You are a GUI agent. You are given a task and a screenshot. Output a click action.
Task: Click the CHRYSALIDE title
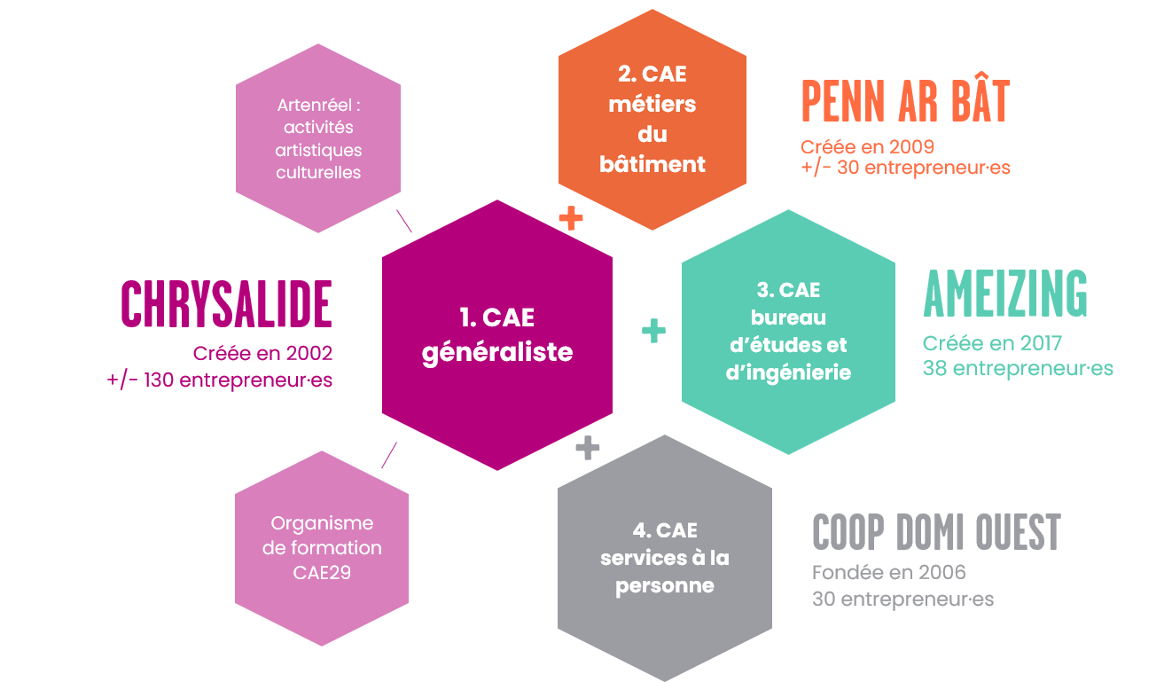(x=227, y=304)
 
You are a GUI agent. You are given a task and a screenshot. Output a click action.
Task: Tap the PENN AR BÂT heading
(x=905, y=101)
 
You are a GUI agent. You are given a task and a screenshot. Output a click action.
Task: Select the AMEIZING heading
(x=1005, y=294)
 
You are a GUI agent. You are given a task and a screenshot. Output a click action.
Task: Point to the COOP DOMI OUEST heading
(x=936, y=532)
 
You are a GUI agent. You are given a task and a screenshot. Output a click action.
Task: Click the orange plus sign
(x=571, y=218)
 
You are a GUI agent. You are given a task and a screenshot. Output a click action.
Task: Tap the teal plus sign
(x=653, y=331)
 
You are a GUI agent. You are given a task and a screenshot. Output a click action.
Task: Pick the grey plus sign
(x=587, y=448)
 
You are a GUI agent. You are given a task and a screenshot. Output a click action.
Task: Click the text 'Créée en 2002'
(x=262, y=353)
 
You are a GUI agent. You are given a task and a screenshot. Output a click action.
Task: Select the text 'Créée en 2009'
(x=868, y=146)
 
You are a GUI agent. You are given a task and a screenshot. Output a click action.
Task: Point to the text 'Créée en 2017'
(x=992, y=343)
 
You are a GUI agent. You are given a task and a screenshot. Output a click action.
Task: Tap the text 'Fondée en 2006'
(x=889, y=572)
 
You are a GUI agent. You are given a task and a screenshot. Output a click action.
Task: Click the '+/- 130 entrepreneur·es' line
(x=220, y=380)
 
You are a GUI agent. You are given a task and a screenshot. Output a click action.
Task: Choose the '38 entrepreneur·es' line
(x=1018, y=368)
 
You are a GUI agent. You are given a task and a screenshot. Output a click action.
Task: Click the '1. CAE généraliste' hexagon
(x=497, y=335)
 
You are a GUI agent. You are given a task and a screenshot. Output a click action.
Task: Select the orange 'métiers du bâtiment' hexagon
(x=652, y=120)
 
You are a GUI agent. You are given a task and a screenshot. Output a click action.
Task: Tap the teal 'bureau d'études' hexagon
(x=788, y=332)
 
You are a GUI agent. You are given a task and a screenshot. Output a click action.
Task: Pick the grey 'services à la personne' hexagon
(x=665, y=558)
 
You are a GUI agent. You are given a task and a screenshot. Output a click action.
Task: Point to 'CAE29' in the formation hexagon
(x=322, y=573)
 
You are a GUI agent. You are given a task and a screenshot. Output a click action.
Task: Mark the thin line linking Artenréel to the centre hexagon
(x=404, y=221)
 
